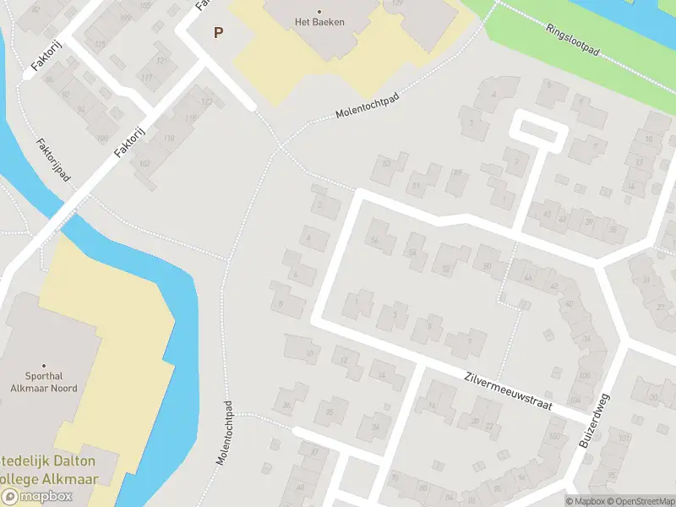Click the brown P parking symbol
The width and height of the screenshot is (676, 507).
point(218,33)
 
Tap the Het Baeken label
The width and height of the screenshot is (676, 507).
point(319,22)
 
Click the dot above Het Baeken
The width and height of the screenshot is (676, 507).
point(319,11)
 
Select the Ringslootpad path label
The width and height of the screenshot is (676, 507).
point(572,40)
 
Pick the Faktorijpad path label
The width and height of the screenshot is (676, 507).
point(52,160)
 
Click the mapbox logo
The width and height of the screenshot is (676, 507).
point(37,497)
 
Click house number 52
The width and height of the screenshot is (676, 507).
point(445,269)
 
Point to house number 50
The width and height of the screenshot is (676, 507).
point(487,267)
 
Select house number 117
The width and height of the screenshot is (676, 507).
point(146,79)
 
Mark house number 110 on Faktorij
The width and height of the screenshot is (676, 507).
point(169,138)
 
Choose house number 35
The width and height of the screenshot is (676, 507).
point(330,412)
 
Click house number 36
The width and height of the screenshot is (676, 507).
point(286,406)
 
